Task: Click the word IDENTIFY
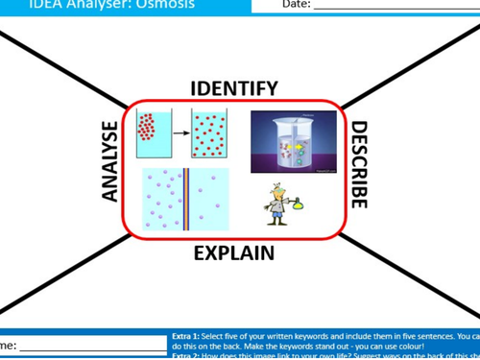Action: pyautogui.click(x=234, y=88)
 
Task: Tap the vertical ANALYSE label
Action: pyautogui.click(x=110, y=161)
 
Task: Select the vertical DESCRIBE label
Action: pyautogui.click(x=358, y=164)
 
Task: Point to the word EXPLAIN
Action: pyautogui.click(x=234, y=253)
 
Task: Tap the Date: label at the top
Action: pyautogui.click(x=296, y=5)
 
